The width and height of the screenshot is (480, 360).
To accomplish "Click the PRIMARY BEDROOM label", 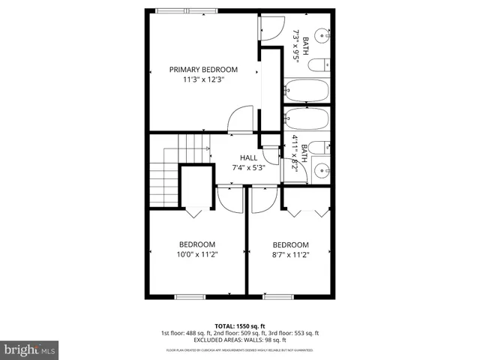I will pyautogui.click(x=197, y=70).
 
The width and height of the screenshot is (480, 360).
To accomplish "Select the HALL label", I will pyautogui.click(x=248, y=157).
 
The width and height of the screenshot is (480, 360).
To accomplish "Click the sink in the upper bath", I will pyautogui.click(x=322, y=34).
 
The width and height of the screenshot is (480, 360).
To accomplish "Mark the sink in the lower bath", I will pyautogui.click(x=322, y=169).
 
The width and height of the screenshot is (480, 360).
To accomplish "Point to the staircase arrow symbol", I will pyautogui.click(x=207, y=149).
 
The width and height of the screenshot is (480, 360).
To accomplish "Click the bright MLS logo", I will pyautogui.click(x=30, y=349).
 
